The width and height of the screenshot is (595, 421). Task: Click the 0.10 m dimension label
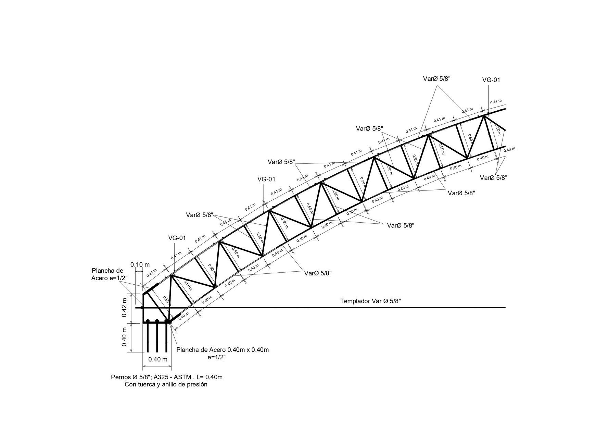coord(140,265)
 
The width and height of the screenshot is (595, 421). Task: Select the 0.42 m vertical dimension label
coord(124,308)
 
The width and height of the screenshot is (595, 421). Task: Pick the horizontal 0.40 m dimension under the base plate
coord(157,359)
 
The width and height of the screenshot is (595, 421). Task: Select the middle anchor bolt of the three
coord(157,337)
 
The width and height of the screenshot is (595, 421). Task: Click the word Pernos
coord(121,377)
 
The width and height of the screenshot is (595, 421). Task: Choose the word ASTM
coord(183,377)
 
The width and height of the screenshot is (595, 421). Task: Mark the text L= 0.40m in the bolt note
coord(210,377)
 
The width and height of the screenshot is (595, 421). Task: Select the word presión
coord(197,384)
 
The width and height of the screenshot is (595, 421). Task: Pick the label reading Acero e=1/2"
coord(109,278)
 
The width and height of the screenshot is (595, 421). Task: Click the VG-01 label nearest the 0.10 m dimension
coord(177,238)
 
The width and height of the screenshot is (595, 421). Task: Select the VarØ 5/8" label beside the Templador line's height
coord(318,273)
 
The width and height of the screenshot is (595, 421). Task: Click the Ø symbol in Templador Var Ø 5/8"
coord(385,301)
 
